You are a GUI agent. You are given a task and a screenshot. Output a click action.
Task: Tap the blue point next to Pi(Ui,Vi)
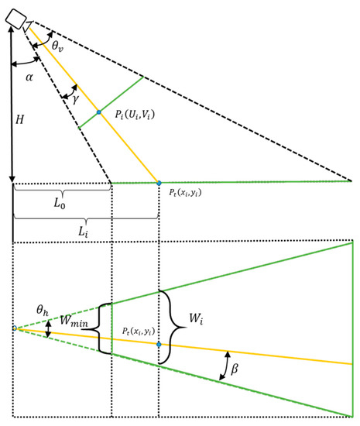click(98, 113)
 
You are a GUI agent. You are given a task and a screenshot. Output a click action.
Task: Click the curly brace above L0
click(63, 190)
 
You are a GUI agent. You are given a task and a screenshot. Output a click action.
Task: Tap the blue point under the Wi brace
click(159, 344)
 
